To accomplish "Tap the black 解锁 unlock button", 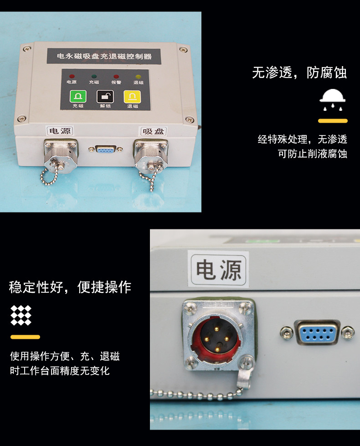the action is pyautogui.click(x=105, y=97).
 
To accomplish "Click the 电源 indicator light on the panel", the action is pyautogui.click(x=72, y=77).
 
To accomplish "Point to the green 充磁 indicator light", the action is pyautogui.click(x=94, y=77).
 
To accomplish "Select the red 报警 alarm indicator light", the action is pyautogui.click(x=116, y=77).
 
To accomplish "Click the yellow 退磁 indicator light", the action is pyautogui.click(x=138, y=77).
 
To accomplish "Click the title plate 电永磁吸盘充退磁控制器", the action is pyautogui.click(x=104, y=56).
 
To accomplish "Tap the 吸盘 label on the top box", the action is pyautogui.click(x=154, y=131).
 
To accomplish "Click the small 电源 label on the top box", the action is pyautogui.click(x=60, y=130).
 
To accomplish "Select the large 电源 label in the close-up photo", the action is pyautogui.click(x=218, y=270).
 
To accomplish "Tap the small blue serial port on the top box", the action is pyautogui.click(x=105, y=149).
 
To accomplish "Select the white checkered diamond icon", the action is pyautogui.click(x=21, y=315).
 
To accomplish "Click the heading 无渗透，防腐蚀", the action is pyautogui.click(x=299, y=73).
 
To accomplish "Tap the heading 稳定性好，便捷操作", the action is pyautogui.click(x=70, y=287).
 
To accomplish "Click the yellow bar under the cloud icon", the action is pyautogui.click(x=333, y=121).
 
